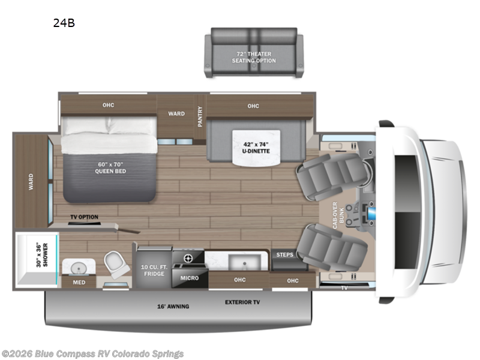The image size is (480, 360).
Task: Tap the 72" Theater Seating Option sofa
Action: click(x=251, y=52)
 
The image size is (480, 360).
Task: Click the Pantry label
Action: click(x=200, y=116)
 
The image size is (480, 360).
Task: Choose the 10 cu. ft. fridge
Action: click(x=154, y=270)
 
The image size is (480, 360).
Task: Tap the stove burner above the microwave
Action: click(x=187, y=258)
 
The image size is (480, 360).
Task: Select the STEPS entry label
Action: click(x=285, y=255)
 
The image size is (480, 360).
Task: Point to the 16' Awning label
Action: click(x=175, y=307)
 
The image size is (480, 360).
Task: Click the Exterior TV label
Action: click(x=242, y=302)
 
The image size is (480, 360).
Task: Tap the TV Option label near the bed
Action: click(x=85, y=217)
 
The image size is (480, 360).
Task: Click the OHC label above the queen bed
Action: click(x=108, y=106)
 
